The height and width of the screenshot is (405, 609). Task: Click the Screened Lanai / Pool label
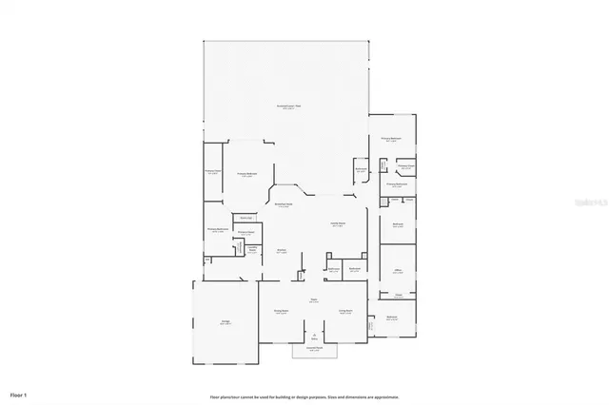coord(289,106)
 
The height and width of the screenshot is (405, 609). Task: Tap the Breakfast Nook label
coord(283,205)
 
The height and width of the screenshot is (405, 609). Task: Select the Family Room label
coord(337,225)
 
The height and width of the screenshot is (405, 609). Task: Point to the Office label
coord(398,271)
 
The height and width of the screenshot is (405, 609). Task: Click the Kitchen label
coord(282,251)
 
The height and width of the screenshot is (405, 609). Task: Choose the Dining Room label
coord(281,311)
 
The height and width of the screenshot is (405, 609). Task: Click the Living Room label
coord(345,311)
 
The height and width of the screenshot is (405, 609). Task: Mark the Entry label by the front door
coord(314,337)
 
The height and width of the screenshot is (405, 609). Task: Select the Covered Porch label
coord(313,350)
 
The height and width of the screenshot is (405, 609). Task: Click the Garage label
coord(226,323)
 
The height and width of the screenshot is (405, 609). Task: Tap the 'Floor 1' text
coord(18,394)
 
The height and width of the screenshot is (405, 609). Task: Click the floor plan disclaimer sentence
coord(304,396)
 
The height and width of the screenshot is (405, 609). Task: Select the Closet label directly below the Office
coord(399,296)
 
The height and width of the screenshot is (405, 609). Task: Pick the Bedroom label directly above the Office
coord(399,225)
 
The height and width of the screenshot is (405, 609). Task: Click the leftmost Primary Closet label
coord(211,172)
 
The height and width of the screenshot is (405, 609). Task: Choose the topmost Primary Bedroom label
coord(392,139)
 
